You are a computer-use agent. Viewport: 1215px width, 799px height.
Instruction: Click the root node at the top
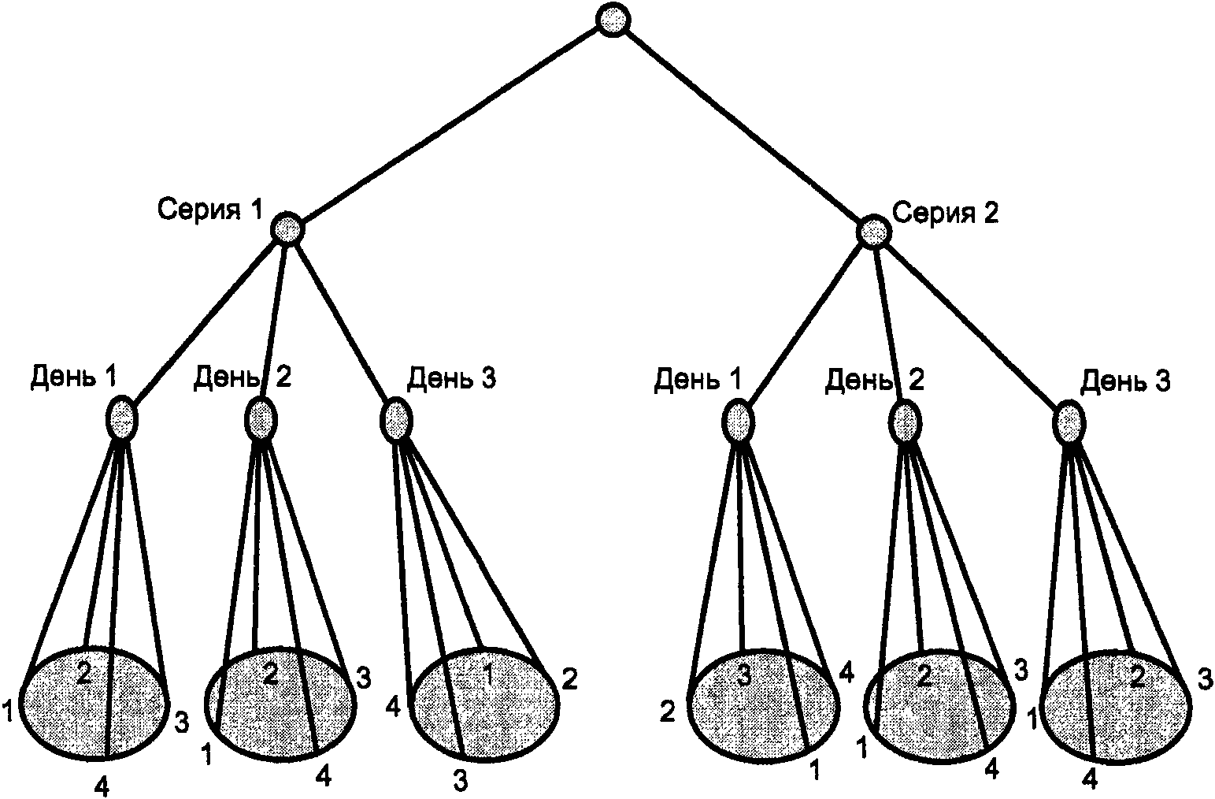(x=613, y=20)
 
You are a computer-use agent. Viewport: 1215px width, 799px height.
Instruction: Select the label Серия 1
(x=210, y=210)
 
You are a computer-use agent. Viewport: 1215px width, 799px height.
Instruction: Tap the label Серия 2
(x=945, y=213)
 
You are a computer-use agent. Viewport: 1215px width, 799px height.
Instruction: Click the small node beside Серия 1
(x=287, y=229)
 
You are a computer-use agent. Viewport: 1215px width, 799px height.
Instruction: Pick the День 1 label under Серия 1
(x=73, y=376)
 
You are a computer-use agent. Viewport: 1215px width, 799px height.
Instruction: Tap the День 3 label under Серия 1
(x=451, y=377)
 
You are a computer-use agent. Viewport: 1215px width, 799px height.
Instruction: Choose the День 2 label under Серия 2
(x=874, y=381)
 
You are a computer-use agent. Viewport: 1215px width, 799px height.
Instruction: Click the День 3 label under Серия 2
(x=1125, y=381)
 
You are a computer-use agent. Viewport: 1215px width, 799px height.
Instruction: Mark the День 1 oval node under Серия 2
(x=739, y=421)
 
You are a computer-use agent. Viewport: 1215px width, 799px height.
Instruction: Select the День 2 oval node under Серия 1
(x=261, y=419)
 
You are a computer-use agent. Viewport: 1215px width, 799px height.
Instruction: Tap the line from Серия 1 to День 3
(x=343, y=324)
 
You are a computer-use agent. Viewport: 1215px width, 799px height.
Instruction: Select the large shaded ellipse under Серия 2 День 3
(x=1117, y=708)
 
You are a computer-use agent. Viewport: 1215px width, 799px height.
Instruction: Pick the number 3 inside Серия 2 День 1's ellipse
(x=744, y=676)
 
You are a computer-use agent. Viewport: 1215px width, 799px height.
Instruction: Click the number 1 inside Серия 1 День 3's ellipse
(x=487, y=675)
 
